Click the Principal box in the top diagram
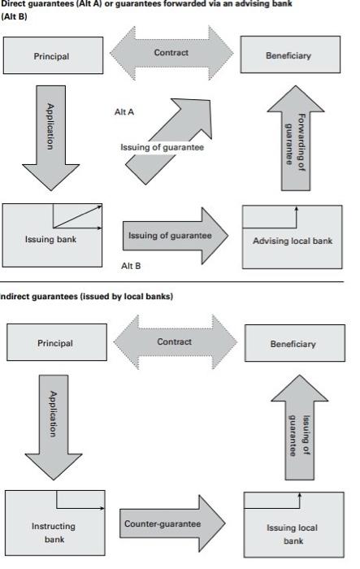click(x=51, y=56)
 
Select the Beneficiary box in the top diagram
click(x=288, y=56)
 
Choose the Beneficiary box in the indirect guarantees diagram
click(x=293, y=344)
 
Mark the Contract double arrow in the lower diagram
click(x=172, y=342)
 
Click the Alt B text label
click(x=131, y=266)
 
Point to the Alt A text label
click(x=124, y=113)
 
